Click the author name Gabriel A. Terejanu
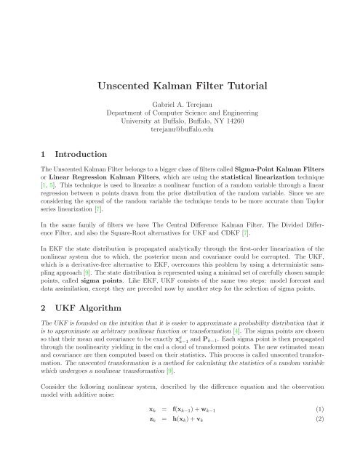[x=180, y=106]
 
